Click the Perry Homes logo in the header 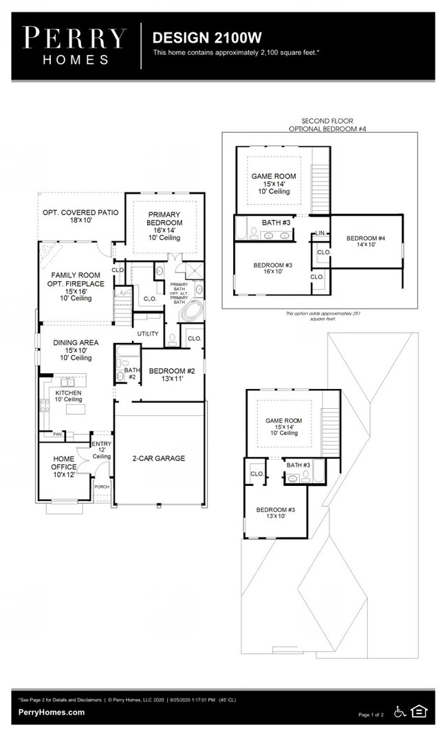point(75,45)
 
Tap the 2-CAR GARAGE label point(159,458)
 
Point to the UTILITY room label point(148,334)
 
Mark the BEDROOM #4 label point(365,241)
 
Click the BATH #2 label point(131,373)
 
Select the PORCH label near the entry point(102,487)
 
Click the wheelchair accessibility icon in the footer point(400,711)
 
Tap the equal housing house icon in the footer point(419,711)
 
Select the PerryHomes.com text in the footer point(52,713)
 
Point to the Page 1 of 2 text point(373,715)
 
